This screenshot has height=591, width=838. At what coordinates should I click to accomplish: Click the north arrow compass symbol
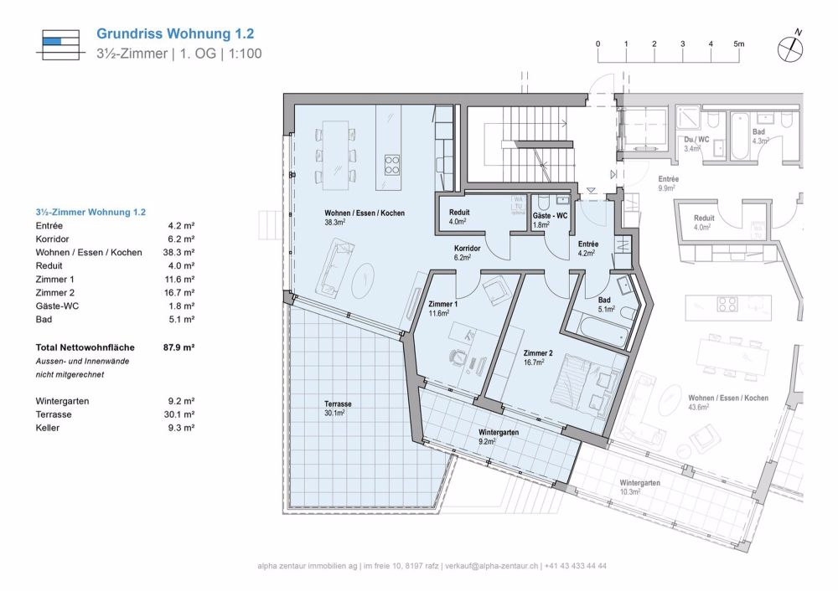click(x=789, y=48)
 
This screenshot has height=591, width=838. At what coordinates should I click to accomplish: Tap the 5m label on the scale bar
click(x=738, y=43)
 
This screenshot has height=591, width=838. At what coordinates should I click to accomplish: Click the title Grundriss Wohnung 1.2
click(x=175, y=34)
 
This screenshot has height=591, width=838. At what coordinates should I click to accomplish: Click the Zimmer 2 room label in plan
click(x=538, y=357)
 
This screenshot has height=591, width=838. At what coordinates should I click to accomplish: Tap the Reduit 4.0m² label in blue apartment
click(x=458, y=217)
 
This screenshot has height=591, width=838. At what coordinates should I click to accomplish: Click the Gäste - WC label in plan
click(x=550, y=217)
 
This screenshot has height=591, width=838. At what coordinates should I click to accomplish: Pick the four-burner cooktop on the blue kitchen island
click(x=391, y=164)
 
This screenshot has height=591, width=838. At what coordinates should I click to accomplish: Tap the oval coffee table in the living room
click(x=365, y=278)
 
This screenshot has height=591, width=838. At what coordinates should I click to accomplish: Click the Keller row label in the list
click(x=49, y=428)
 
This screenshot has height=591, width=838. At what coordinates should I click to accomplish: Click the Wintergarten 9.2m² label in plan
click(x=498, y=436)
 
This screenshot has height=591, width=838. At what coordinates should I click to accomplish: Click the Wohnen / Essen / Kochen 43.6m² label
click(x=727, y=402)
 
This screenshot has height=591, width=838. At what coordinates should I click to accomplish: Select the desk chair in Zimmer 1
click(x=456, y=354)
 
